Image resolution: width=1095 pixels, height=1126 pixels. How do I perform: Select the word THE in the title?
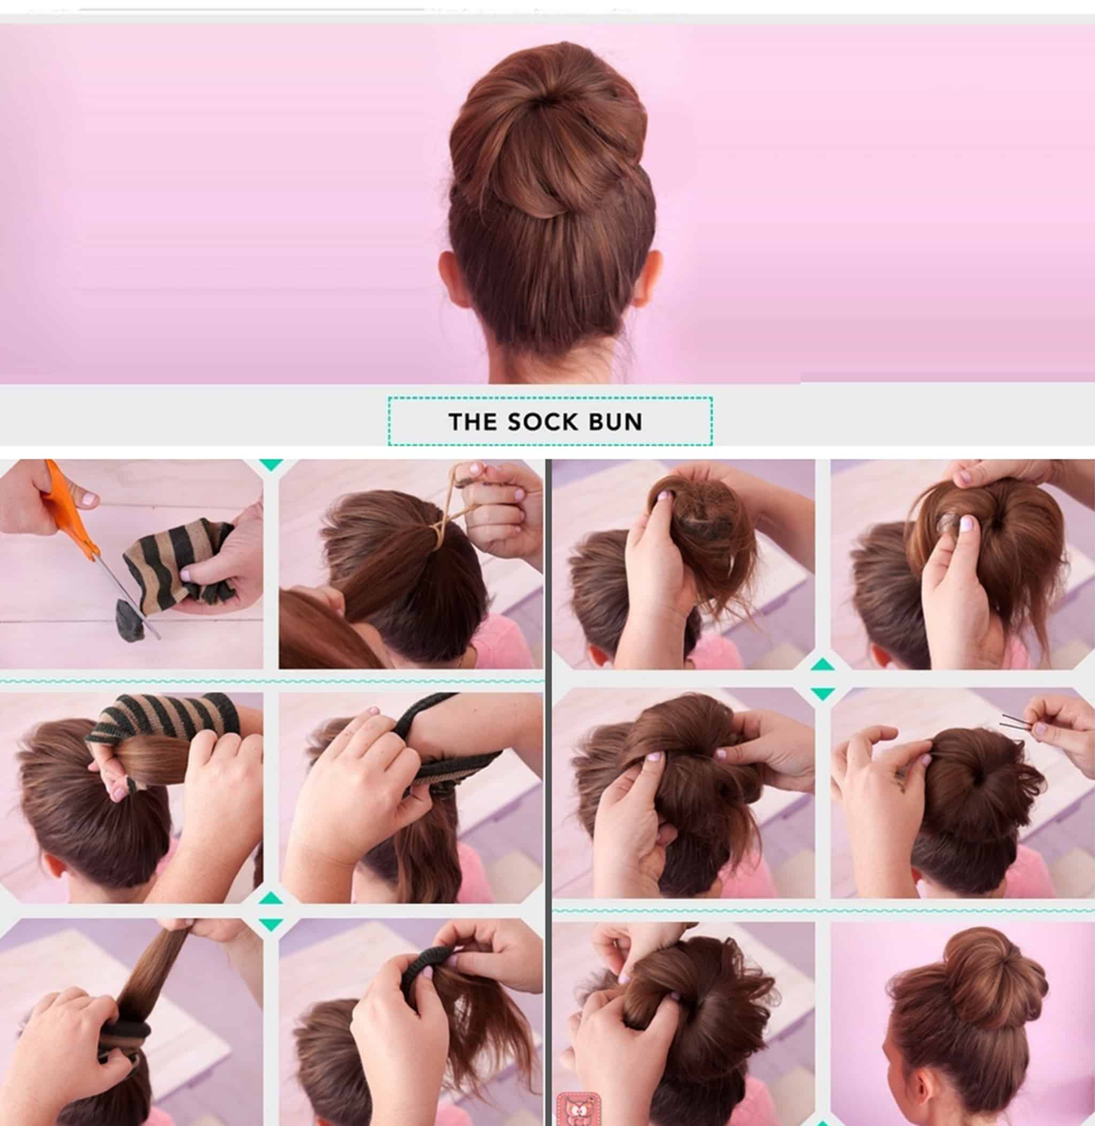coord(473,422)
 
